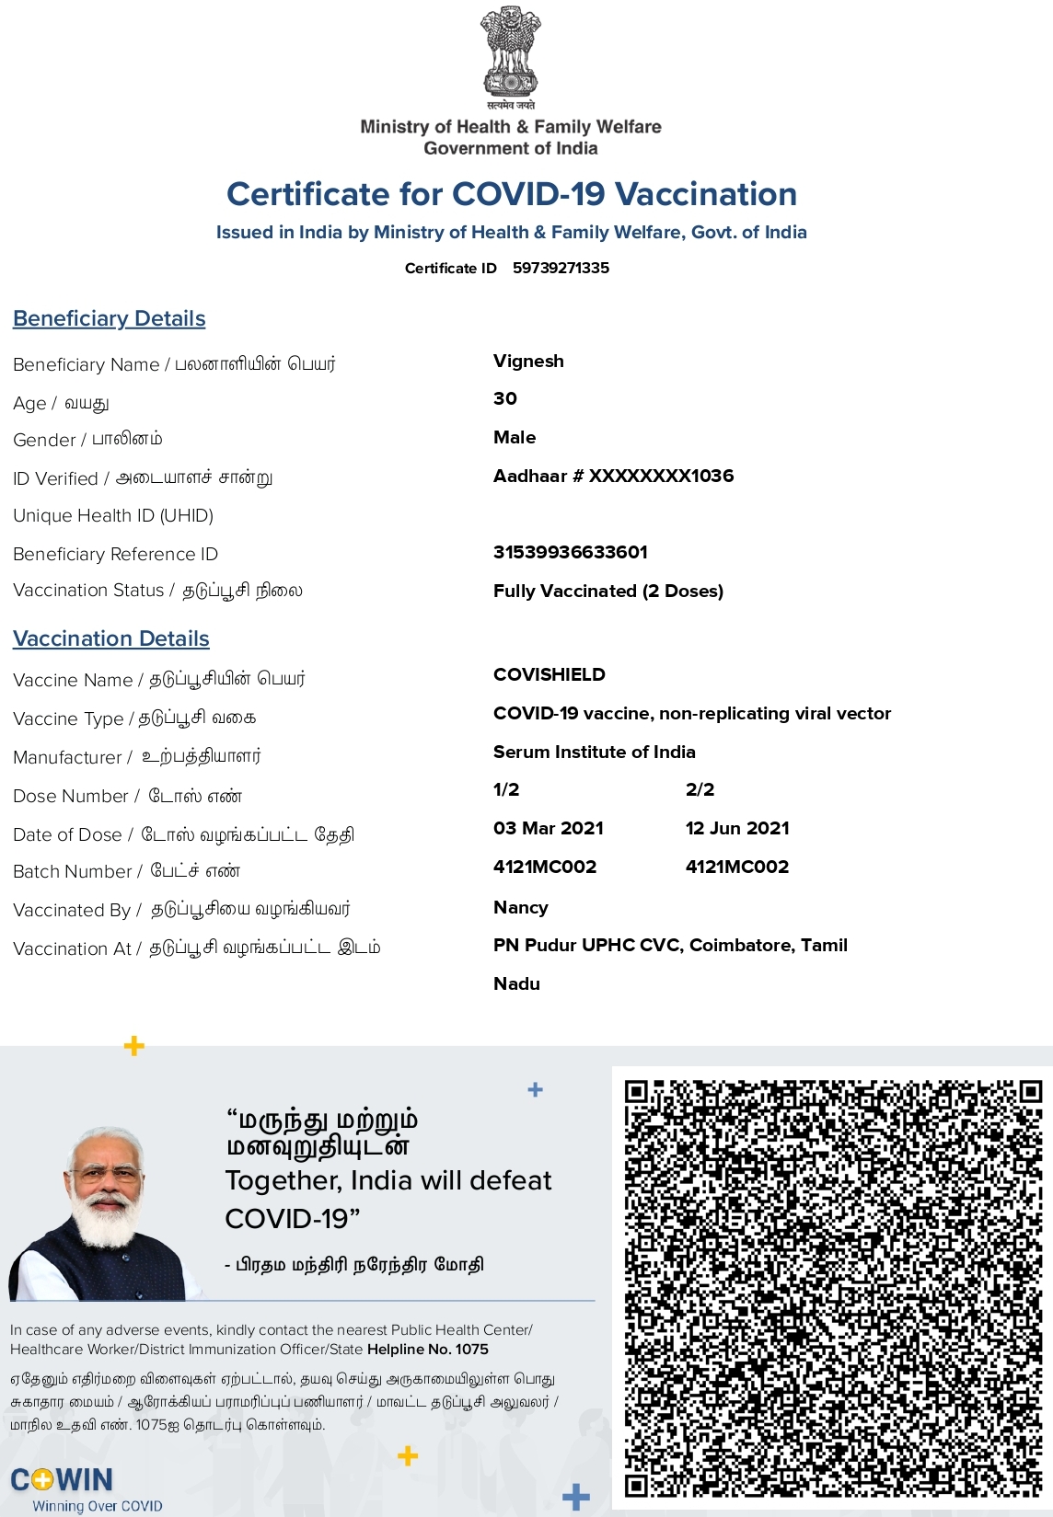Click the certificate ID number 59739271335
click(561, 268)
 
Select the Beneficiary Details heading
click(110, 318)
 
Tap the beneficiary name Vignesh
click(528, 361)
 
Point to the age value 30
click(505, 398)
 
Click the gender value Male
click(515, 437)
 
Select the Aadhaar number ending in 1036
click(613, 476)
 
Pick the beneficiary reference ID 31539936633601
click(571, 552)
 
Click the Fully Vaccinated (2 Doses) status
click(608, 591)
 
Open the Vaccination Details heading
click(111, 638)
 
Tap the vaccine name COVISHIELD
click(550, 674)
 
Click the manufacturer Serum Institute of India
click(595, 752)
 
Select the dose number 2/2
click(700, 789)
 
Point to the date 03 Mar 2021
click(549, 828)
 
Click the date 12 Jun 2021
click(737, 828)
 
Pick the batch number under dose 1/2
click(545, 867)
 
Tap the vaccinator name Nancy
click(521, 907)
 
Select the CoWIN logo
click(63, 1480)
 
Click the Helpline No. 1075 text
click(428, 1350)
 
